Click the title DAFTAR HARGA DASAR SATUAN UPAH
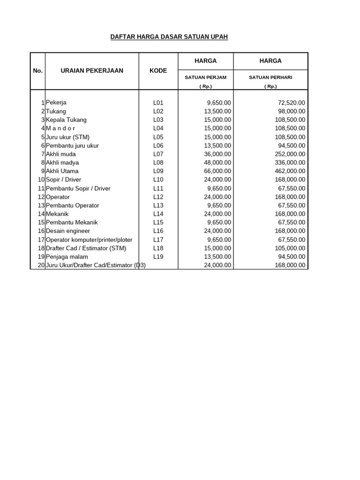(169, 37)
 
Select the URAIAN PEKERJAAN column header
(92, 71)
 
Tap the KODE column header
(158, 71)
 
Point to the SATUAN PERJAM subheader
(205, 77)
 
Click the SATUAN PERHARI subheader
(270, 77)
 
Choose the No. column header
(38, 71)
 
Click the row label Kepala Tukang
(66, 120)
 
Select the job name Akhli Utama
(62, 171)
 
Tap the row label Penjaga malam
(67, 257)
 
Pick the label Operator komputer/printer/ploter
(89, 240)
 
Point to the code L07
(158, 154)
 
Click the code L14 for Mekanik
(158, 214)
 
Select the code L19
(158, 257)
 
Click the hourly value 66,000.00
(216, 171)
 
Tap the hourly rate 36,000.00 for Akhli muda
(216, 154)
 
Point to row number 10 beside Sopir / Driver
(41, 180)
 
